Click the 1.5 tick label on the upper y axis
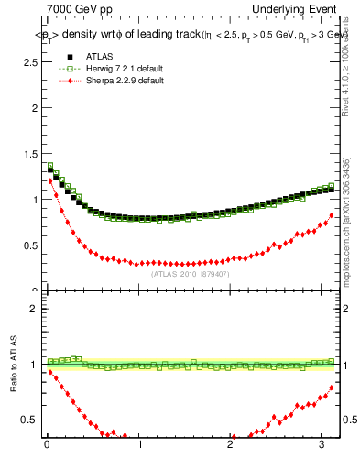27,153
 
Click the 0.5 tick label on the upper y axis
27,245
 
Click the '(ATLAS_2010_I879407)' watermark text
190,274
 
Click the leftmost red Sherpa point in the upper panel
50,180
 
